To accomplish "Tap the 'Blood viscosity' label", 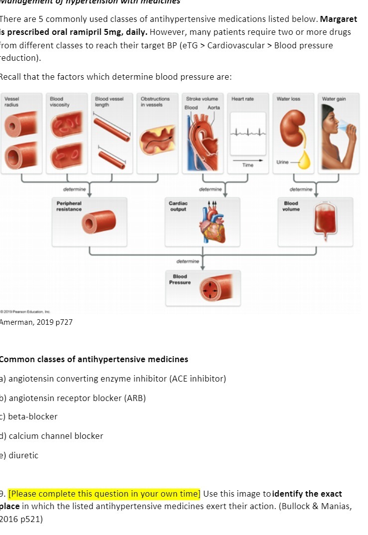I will click(x=59, y=102).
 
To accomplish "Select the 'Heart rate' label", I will click(x=243, y=99).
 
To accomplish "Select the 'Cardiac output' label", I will click(x=178, y=206).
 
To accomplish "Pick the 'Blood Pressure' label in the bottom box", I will click(x=180, y=279).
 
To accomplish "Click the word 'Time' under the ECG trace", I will click(x=248, y=165).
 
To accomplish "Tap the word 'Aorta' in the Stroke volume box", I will click(x=213, y=108).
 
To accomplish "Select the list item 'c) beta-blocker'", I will click(x=29, y=416).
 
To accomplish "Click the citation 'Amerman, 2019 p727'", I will click(x=37, y=322).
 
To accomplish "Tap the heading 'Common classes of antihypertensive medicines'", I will click(x=94, y=359).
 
